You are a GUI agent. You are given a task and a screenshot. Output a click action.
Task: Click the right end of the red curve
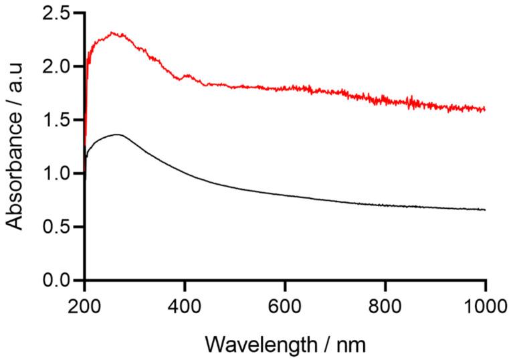(485, 109)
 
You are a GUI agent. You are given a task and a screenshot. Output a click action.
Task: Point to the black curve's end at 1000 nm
(485, 209)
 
